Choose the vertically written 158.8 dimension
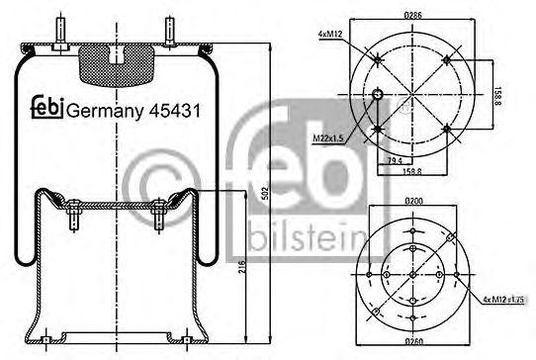coord(499,96)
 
